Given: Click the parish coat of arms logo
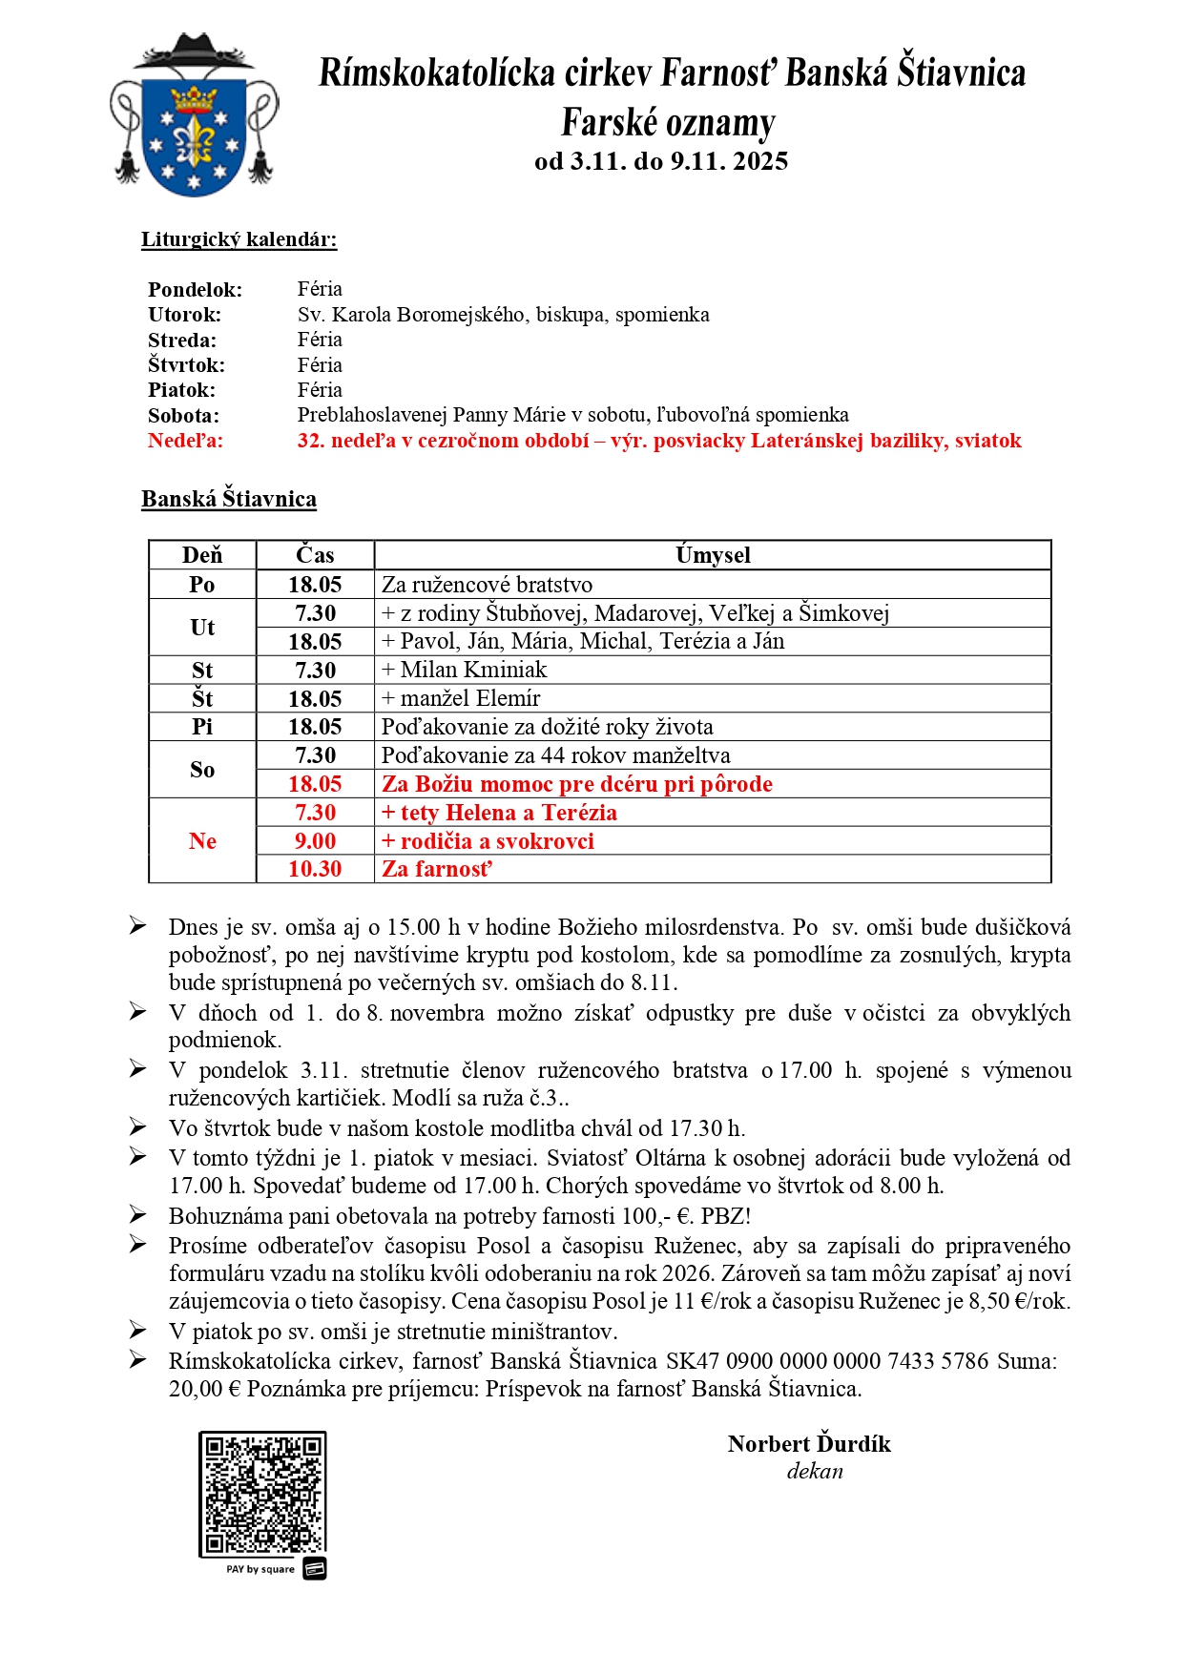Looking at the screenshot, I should tap(195, 116).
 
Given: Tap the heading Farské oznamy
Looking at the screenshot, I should tap(668, 123).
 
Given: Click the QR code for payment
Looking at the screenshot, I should tap(262, 1494).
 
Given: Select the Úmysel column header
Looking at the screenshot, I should tap(713, 555).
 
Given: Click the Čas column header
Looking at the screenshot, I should tap(315, 555).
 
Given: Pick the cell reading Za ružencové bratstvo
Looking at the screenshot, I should tap(487, 585).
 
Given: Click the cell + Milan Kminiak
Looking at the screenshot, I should tap(465, 670).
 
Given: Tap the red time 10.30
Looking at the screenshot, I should tap(315, 869).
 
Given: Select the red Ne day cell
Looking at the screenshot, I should tap(202, 841).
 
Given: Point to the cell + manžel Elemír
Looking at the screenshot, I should tap(461, 698).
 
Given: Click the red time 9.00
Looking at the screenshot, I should tap(315, 841).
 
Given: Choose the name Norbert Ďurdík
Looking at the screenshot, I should tap(809, 1444).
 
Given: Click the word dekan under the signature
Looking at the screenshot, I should tap(815, 1471).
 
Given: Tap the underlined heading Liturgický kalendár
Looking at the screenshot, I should tap(239, 239).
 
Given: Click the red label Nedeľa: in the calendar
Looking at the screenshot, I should tap(185, 441).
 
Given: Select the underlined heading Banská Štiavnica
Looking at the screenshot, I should tap(229, 499).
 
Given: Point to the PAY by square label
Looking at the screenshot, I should tap(260, 1569).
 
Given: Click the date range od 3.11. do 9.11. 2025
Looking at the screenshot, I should tap(661, 161).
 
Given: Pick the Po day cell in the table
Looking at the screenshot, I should tap(202, 585).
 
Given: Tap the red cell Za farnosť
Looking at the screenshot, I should tap(437, 869).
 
